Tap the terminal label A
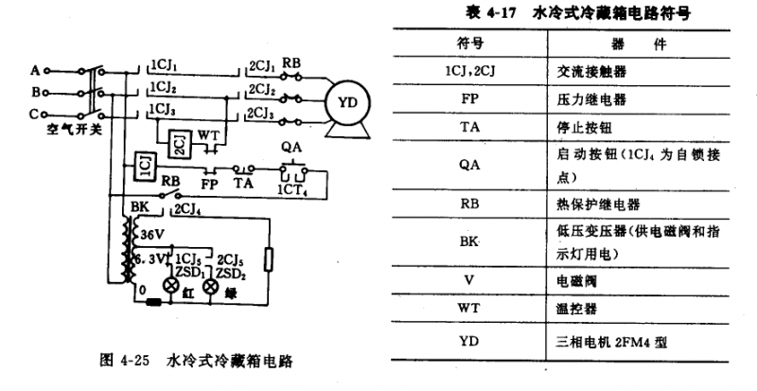(35, 71)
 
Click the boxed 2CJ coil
(178, 144)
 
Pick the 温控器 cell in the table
(573, 309)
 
